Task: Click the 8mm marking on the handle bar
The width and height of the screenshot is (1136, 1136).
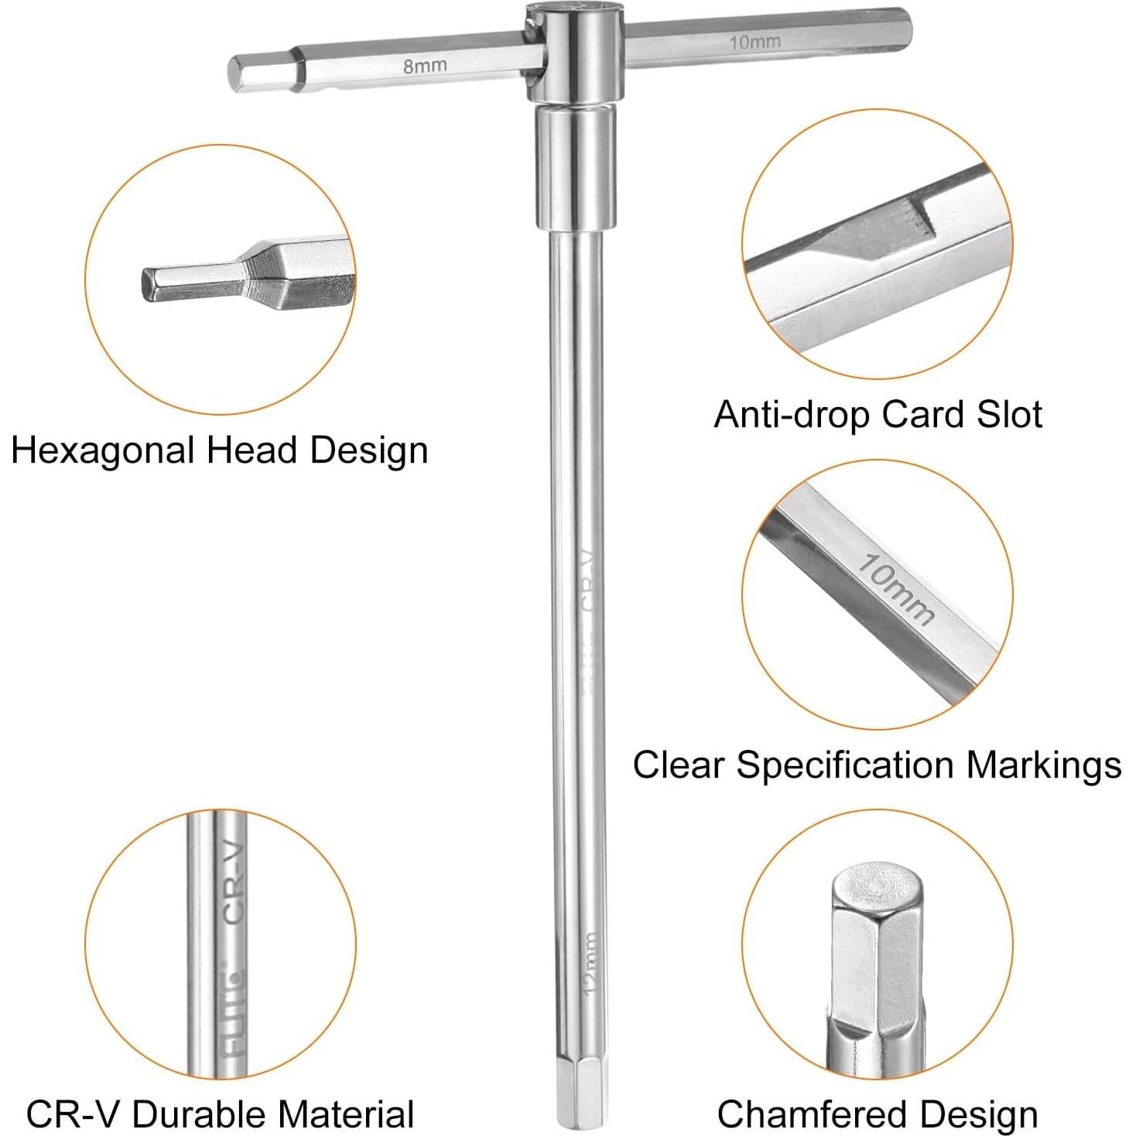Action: (x=424, y=66)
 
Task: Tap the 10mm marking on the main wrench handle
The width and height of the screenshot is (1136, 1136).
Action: (x=754, y=42)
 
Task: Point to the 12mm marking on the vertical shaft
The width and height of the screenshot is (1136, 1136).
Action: (x=590, y=963)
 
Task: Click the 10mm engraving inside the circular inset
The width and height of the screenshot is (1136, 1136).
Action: (x=895, y=590)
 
